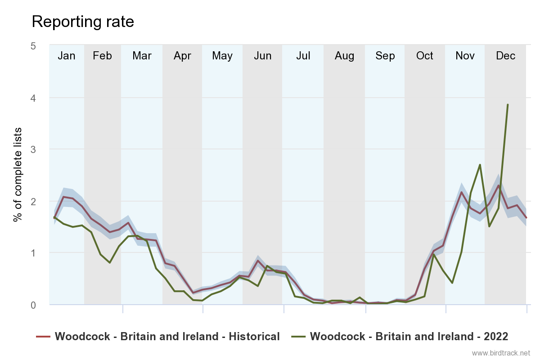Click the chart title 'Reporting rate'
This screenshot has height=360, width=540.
[83, 22]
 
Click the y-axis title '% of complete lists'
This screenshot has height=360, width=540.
[18, 175]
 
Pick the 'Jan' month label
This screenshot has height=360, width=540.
[67, 56]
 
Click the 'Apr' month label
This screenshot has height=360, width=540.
[182, 56]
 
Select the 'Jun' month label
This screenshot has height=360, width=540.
[262, 56]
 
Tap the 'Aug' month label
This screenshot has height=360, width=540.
[344, 56]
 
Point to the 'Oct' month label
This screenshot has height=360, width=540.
[424, 56]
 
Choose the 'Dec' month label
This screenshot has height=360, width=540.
[505, 56]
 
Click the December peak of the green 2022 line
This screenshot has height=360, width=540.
[508, 104]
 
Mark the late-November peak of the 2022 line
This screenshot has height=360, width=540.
[480, 165]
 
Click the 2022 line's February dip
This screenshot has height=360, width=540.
[109, 262]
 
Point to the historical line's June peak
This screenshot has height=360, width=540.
[258, 261]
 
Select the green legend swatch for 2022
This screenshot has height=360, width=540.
[299, 336]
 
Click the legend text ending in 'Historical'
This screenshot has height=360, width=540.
[167, 336]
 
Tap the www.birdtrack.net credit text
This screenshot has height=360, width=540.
[501, 353]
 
